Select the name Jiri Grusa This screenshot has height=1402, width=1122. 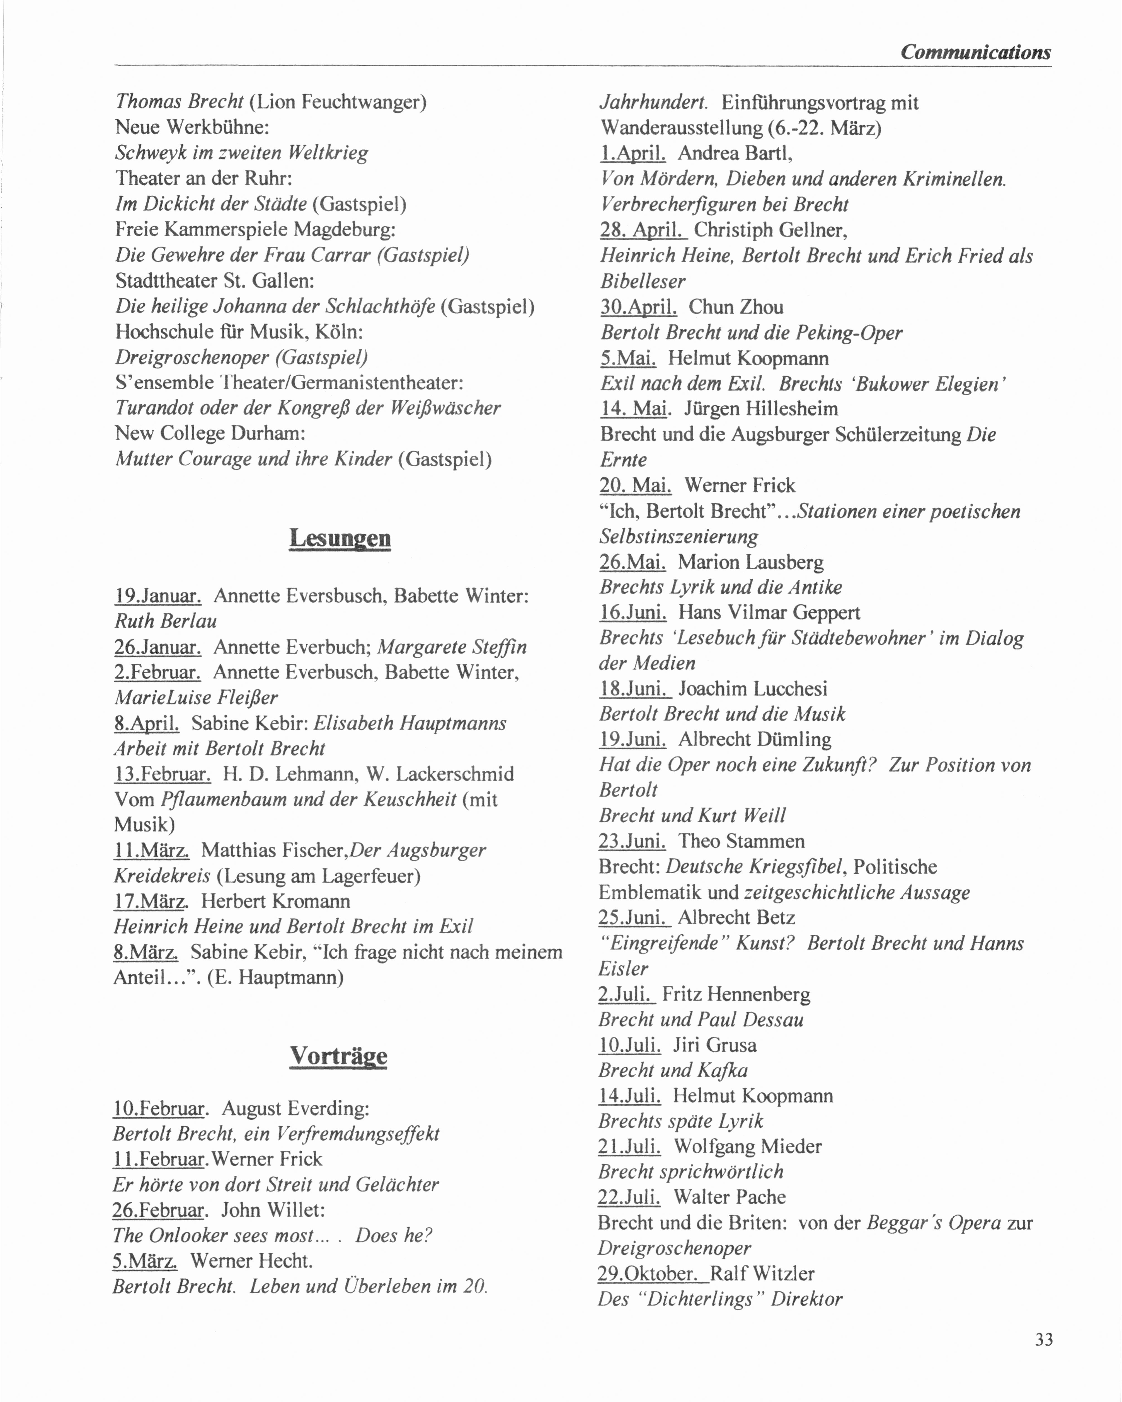[x=714, y=1045]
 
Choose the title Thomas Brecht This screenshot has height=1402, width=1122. [x=180, y=101]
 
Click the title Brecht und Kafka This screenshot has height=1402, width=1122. [x=673, y=1070]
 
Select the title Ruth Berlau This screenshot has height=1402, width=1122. [x=166, y=621]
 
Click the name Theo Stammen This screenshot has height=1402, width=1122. [x=741, y=841]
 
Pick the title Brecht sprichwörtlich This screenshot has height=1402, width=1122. [x=691, y=1172]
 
